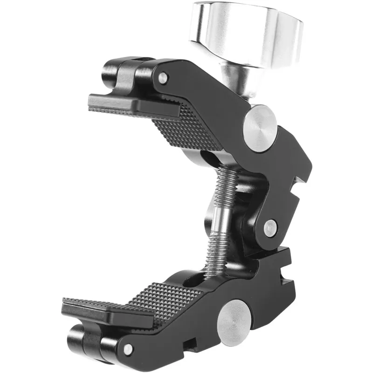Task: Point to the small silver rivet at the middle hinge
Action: [x=270, y=228]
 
